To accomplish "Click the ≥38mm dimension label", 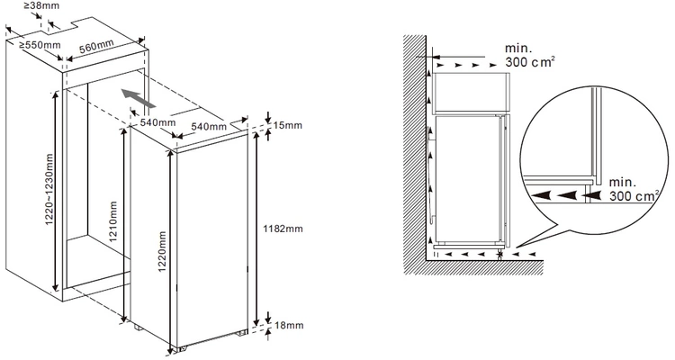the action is click(42, 6).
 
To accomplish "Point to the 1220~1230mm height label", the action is click(49, 190).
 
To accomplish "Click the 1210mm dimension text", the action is click(113, 221).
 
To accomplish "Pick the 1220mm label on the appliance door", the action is click(162, 252).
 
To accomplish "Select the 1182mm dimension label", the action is click(283, 229).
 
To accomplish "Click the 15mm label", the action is click(288, 125).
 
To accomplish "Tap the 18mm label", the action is click(288, 325).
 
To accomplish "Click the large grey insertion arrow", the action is click(139, 100).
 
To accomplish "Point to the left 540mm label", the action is click(158, 122).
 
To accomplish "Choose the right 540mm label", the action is click(209, 126).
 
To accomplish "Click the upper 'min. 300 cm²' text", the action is click(529, 55).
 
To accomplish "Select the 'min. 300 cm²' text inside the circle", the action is click(634, 190).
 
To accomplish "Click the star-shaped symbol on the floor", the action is click(499, 255).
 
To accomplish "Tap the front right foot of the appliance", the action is click(241, 332).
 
